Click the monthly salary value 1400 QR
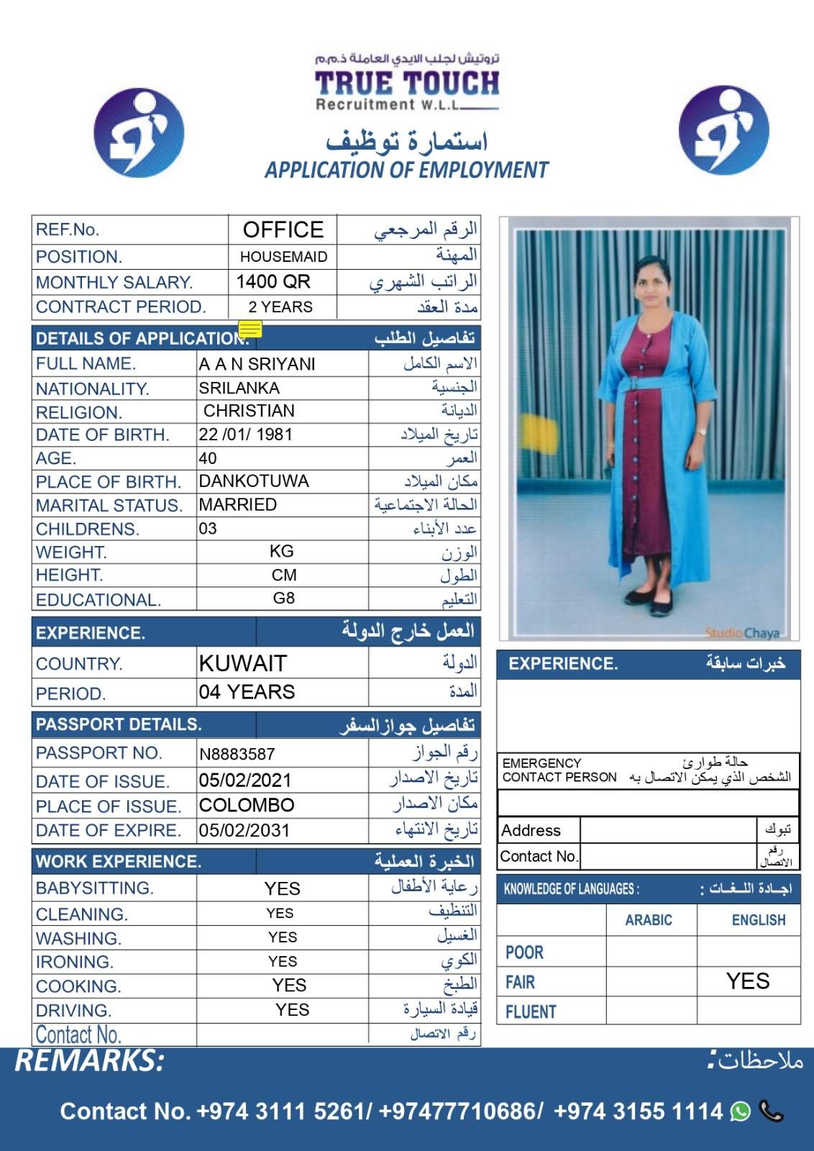pos(273,282)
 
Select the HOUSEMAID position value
pos(283,257)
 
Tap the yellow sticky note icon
pos(250,329)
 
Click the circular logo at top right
pos(723,130)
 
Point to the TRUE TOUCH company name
pos(407,83)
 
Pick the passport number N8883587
pos(237,754)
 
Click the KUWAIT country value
pos(243,663)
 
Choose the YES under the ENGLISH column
pos(748,981)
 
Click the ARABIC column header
pos(649,920)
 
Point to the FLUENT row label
pos(531,1011)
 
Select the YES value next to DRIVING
pos(292,1010)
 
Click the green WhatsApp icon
pos(740,1111)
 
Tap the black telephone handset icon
pos(771,1111)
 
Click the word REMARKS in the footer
pos(90,1061)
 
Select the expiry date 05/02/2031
pos(244,830)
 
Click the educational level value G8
pos(284,599)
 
